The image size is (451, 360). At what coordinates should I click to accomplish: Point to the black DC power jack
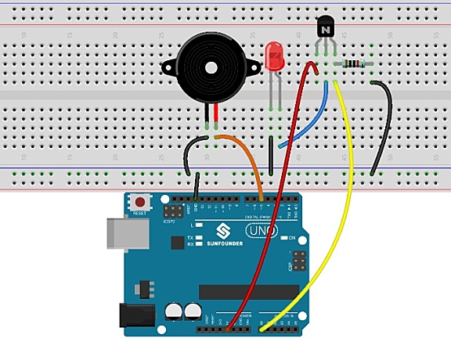coord(132,315)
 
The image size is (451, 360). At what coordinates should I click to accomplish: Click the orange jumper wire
coord(248,160)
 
